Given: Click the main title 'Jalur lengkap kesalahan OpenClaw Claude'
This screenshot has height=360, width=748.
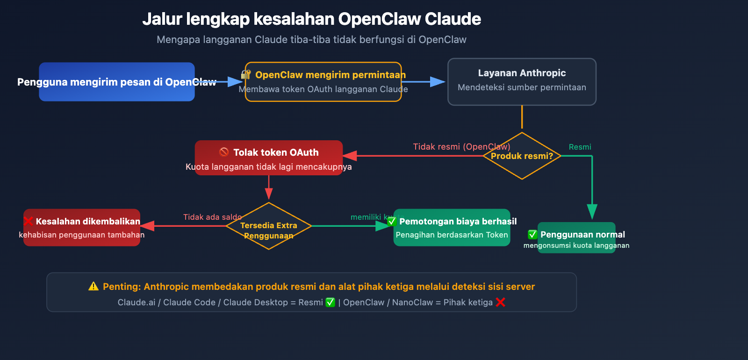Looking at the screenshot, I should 311,19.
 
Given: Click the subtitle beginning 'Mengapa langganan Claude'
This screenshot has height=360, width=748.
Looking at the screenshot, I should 311,40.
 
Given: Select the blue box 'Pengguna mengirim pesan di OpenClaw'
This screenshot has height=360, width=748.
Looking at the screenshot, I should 117,82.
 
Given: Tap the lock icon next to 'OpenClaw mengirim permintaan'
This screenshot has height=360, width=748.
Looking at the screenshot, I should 246,75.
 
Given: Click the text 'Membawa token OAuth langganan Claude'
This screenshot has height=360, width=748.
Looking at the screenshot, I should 323,89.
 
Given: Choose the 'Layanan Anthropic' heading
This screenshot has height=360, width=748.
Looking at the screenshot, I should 522,73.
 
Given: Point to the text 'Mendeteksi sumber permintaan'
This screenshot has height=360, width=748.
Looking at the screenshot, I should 522,87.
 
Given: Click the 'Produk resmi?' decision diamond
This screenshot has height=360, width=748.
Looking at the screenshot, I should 522,156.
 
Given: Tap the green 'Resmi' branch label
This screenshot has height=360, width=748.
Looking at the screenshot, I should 580,147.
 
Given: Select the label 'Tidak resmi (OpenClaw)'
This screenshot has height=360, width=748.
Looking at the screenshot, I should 461,147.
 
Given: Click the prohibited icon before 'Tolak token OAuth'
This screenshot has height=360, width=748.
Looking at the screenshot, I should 224,152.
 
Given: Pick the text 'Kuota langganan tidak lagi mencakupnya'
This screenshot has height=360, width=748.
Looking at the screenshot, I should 268,167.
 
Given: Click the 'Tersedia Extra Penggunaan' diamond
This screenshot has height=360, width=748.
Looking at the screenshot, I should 269,226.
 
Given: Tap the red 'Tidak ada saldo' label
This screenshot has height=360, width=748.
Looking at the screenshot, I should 212,217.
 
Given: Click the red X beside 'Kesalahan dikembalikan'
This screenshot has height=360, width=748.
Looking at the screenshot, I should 29,221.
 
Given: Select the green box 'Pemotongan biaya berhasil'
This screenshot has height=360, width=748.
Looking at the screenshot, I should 452,228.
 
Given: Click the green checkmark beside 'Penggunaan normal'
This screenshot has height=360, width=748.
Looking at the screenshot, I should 532,234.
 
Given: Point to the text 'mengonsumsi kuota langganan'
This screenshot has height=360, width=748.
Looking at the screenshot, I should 576,245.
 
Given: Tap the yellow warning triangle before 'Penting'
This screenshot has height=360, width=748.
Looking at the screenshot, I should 93,286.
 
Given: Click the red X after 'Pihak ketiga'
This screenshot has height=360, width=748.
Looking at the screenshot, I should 501,302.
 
